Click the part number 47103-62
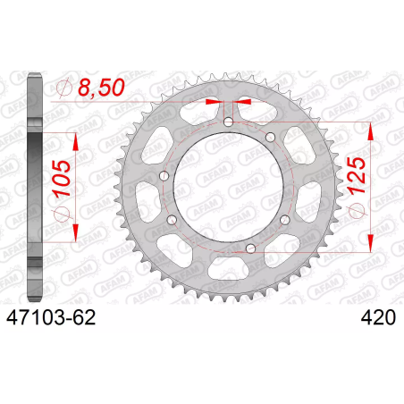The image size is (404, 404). (51, 317)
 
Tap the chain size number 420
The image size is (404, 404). (378, 317)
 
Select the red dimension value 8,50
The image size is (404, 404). (101, 88)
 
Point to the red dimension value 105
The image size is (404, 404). (62, 179)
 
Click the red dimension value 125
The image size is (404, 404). (357, 175)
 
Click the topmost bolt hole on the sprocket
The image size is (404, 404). (229, 122)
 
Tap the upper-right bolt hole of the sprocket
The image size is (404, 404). (270, 138)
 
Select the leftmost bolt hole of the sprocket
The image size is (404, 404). (164, 176)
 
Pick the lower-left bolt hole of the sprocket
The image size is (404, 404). (172, 220)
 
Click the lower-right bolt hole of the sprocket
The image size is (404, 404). (285, 220)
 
